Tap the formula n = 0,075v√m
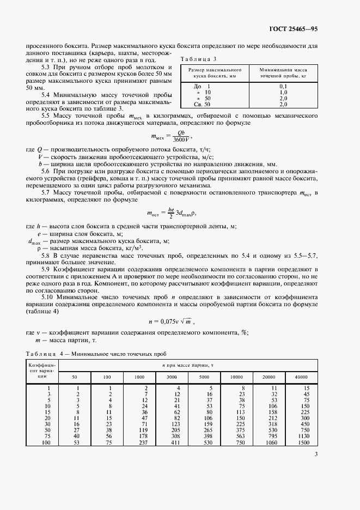[170, 322]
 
